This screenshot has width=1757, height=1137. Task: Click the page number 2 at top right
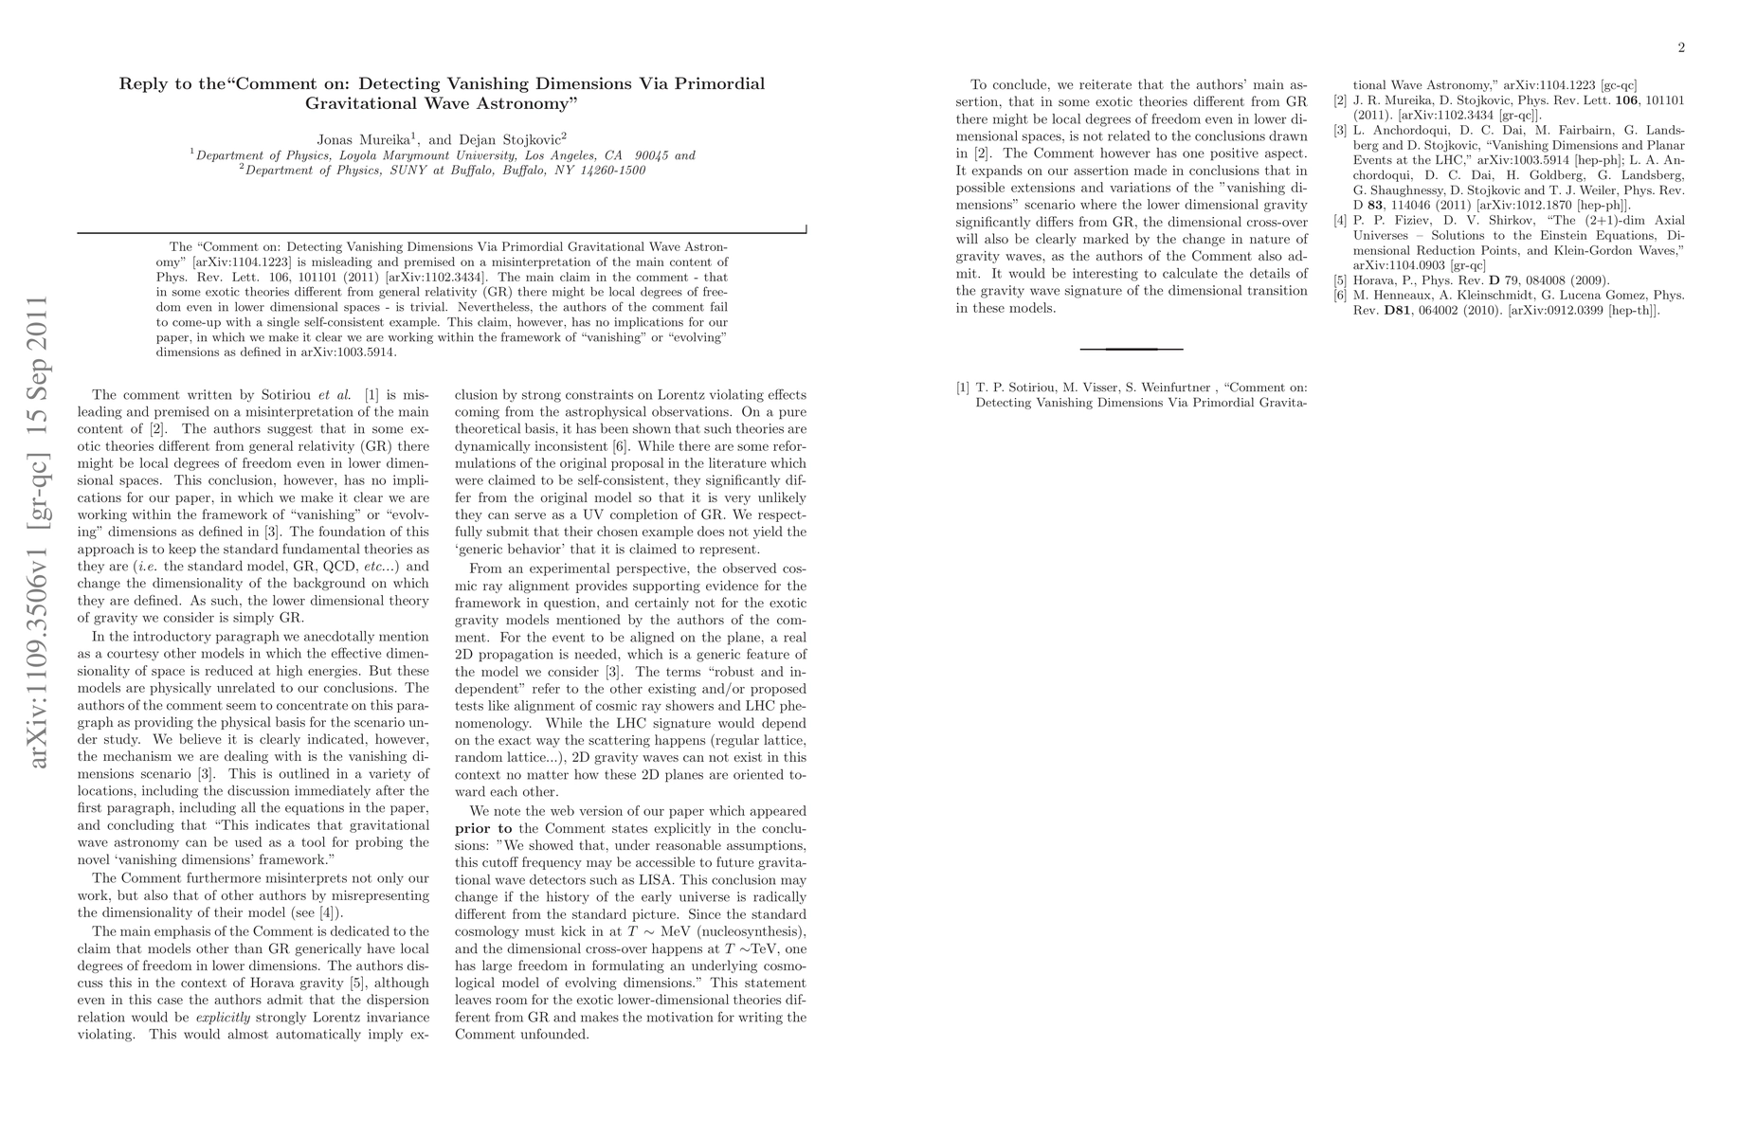(1681, 49)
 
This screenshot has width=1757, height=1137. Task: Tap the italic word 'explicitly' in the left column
(221, 1018)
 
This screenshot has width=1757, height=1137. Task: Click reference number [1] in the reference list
(963, 387)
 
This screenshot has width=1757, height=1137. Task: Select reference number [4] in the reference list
(1340, 221)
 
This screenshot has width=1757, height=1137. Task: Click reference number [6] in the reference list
(1340, 296)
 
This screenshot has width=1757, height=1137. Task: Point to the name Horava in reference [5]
(1374, 280)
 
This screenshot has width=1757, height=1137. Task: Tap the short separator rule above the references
(1132, 349)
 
